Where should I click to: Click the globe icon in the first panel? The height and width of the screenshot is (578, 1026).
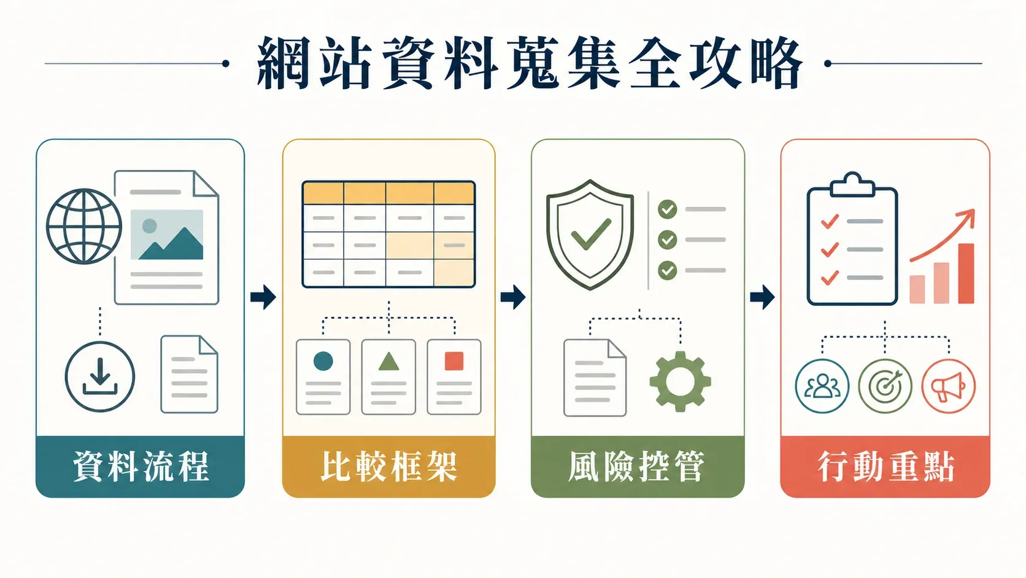coord(84,227)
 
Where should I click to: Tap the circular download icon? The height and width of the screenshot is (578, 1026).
coord(100,377)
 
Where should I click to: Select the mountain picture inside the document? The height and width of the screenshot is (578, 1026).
coord(167,235)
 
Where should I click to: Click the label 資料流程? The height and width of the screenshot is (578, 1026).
coord(141,467)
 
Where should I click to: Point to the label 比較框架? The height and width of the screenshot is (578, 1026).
coord(389,467)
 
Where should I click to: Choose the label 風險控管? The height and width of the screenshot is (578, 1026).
coord(637,467)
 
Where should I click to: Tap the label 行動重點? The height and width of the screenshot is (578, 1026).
coord(886,467)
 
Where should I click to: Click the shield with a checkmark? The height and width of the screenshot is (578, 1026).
coord(590,234)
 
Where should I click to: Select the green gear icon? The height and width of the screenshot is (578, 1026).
coord(680,381)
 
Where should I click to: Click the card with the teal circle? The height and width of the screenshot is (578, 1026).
coord(323,377)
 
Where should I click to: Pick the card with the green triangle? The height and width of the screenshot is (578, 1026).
coord(388,377)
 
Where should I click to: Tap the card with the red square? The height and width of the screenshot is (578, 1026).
coord(454,377)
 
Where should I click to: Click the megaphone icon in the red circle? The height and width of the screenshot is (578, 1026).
coord(948,386)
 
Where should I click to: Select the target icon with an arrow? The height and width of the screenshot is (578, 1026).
coord(885,386)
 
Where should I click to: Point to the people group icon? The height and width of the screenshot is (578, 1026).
coord(822,386)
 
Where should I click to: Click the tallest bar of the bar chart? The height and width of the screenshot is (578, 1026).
coord(966,273)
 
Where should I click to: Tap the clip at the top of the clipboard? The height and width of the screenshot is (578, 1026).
coord(852,184)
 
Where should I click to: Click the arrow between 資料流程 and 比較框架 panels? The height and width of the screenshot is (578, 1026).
coord(263,297)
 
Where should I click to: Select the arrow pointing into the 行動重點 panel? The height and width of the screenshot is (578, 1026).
coord(762,297)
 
